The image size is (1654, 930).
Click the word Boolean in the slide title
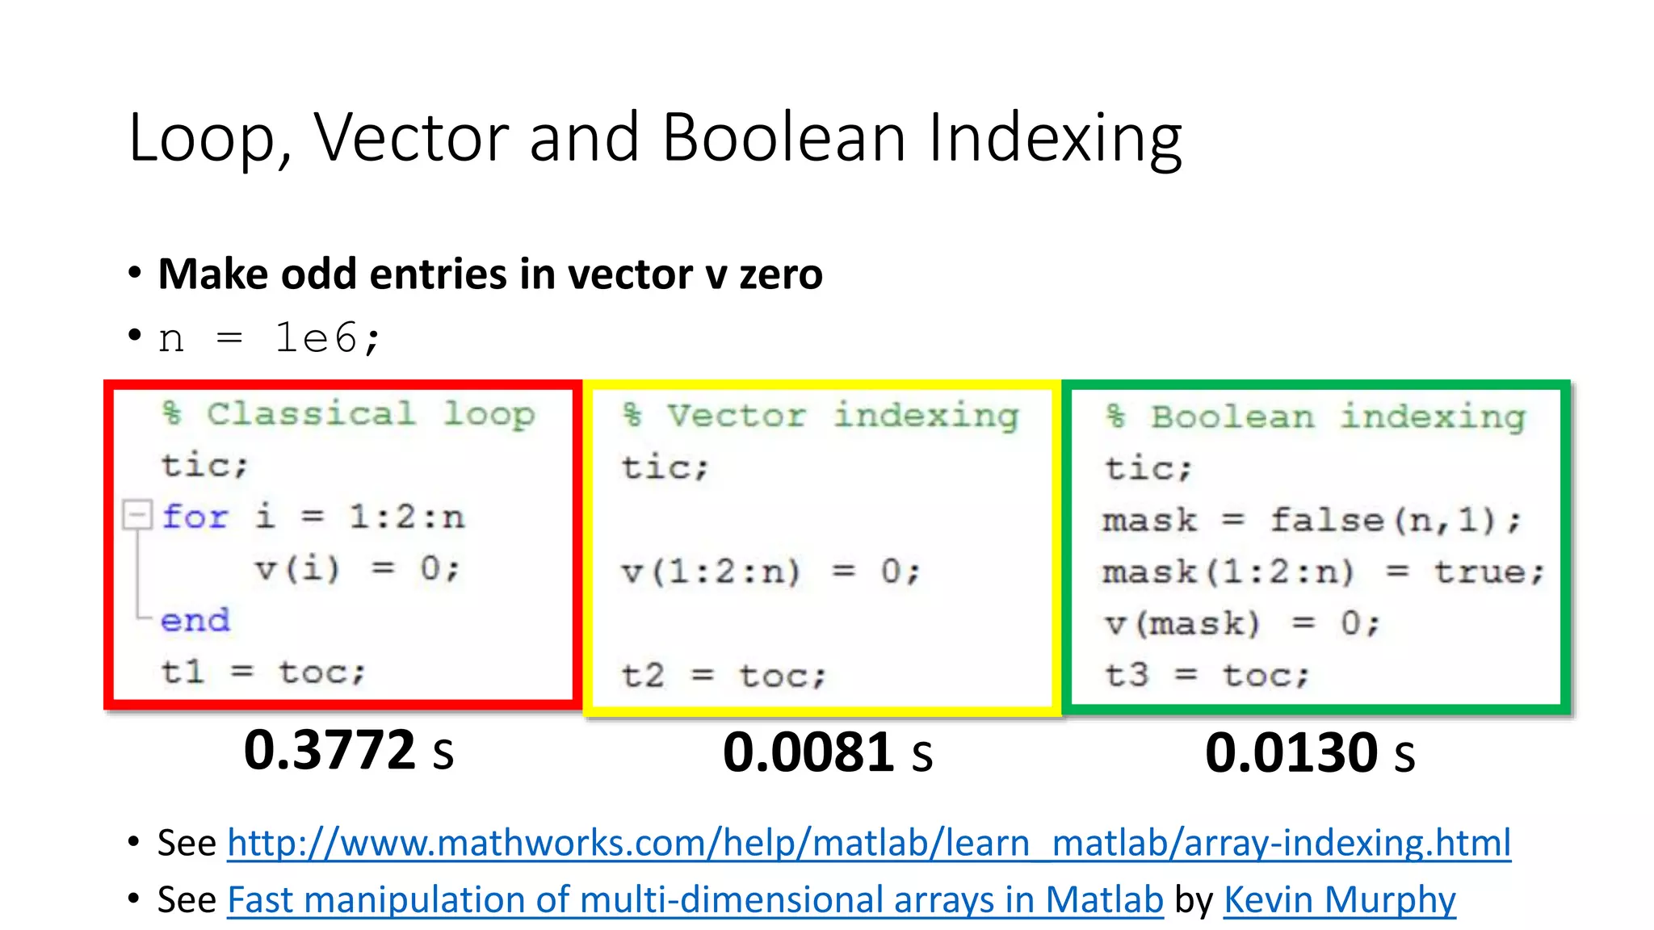[784, 137]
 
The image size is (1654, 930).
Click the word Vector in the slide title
[412, 137]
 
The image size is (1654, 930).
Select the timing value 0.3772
[330, 750]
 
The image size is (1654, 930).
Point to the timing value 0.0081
[808, 752]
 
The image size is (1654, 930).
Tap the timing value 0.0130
[1291, 752]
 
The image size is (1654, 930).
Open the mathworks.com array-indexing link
[868, 843]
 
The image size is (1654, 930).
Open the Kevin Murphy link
[1339, 899]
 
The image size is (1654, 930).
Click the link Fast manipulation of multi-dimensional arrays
[695, 899]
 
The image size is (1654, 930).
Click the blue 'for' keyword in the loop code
[195, 517]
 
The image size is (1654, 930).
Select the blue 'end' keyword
[195, 620]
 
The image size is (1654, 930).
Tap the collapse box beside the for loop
[136, 514]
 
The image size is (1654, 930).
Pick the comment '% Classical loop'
[348, 413]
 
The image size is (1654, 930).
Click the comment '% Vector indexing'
[821, 416]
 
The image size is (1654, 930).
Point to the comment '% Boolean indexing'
[1315, 417]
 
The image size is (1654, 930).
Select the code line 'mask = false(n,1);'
[1312, 520]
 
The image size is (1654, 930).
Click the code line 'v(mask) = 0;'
[1242, 623]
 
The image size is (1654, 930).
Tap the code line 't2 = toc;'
[724, 675]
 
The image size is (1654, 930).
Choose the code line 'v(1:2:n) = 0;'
[770, 572]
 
